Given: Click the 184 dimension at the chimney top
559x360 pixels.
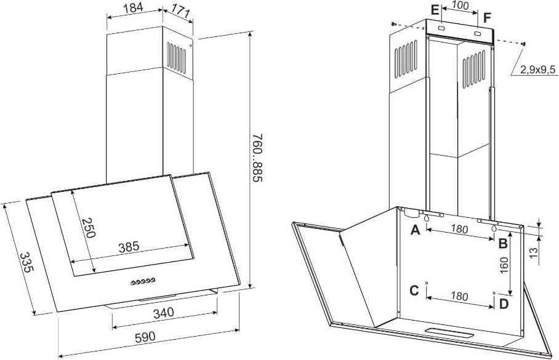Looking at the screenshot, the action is point(134,7).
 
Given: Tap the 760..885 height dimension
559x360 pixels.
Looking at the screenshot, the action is point(258,158).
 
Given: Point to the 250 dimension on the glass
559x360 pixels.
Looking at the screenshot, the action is point(89,228).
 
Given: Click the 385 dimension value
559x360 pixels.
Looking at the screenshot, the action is point(128,247).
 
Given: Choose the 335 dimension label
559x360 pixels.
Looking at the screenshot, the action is point(26,263).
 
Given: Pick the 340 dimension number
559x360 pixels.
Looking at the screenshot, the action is point(164,313).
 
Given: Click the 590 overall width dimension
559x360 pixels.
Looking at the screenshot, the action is point(145,337).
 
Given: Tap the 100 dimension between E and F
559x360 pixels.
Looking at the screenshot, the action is point(460,5).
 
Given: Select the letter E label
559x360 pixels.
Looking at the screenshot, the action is point(434,10).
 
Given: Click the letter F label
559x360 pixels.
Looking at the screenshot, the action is point(487,17).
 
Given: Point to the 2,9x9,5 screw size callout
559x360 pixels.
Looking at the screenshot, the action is point(537,70).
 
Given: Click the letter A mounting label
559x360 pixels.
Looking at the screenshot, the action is point(415,230).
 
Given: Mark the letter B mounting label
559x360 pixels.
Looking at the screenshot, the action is point(503,244).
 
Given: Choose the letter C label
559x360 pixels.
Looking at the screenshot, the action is point(414,290).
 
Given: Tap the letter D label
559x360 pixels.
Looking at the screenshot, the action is point(504,304).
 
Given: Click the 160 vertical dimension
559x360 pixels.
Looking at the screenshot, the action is point(504,265).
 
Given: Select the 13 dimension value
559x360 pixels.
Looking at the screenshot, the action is point(533,253).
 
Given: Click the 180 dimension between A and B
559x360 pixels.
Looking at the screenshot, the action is point(459,229).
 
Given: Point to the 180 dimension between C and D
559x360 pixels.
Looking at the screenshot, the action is point(459,296).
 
